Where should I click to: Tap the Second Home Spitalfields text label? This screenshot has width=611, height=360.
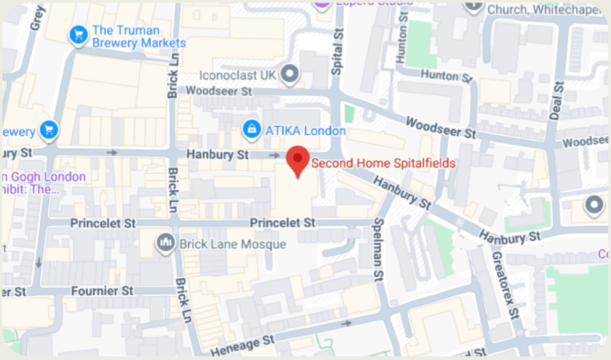(383, 164)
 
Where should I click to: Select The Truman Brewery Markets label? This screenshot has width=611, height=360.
(138, 36)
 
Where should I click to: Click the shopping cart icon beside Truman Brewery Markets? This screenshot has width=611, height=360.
(78, 35)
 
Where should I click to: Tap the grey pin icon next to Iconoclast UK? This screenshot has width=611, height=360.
(289, 75)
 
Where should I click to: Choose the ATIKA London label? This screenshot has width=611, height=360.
(305, 131)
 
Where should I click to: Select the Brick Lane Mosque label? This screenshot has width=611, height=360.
(232, 244)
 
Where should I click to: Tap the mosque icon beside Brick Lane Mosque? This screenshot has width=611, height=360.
(165, 243)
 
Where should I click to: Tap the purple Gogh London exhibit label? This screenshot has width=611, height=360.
(43, 183)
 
